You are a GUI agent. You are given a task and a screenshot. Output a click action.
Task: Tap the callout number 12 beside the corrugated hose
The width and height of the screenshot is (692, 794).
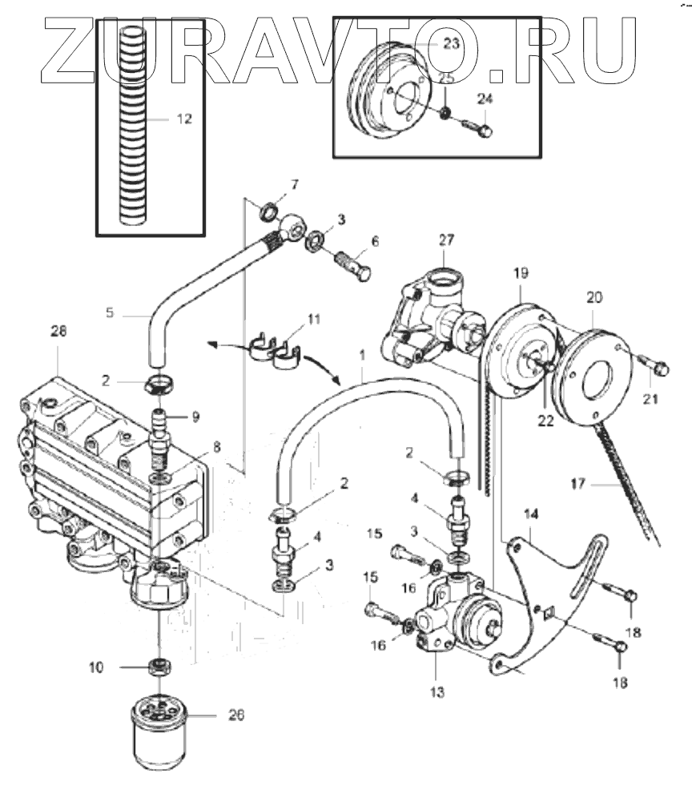point(184,119)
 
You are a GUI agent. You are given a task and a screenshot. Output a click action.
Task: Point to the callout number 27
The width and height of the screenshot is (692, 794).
point(446,239)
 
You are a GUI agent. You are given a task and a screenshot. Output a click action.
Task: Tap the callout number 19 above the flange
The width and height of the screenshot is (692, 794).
point(521,272)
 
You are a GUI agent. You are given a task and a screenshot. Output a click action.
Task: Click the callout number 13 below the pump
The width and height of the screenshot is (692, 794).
point(437,691)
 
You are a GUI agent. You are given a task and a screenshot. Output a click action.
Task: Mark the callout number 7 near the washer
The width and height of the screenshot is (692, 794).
point(294,185)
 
